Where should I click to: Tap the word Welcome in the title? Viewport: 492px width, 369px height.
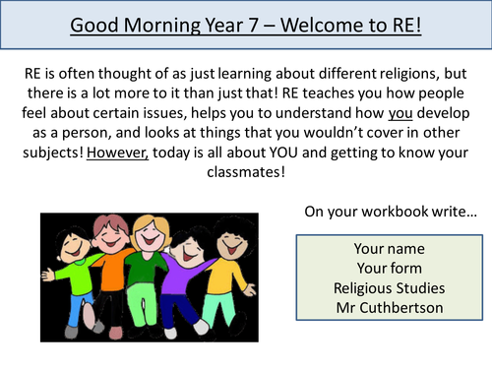click(x=322, y=24)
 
